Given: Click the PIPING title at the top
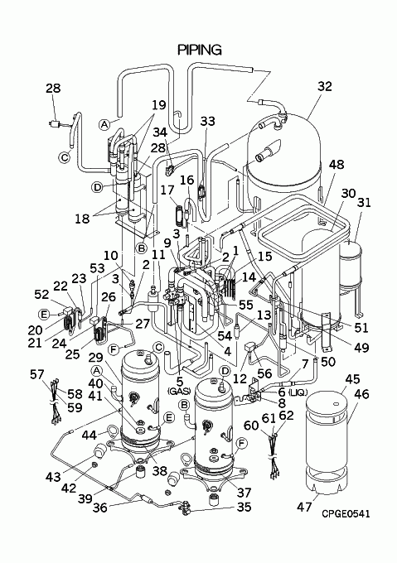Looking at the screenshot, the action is pyautogui.click(x=200, y=50).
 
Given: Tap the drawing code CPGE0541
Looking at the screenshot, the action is pyautogui.click(x=346, y=514).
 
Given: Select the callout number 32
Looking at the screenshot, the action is pyautogui.click(x=325, y=87).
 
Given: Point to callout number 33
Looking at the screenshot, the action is pyautogui.click(x=208, y=122).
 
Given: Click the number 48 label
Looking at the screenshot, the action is pyautogui.click(x=336, y=165).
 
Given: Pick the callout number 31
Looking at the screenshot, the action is pyautogui.click(x=364, y=203).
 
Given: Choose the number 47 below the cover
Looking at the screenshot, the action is pyautogui.click(x=305, y=507).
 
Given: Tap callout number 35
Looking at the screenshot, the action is pyautogui.click(x=244, y=508).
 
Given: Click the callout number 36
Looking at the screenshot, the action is pyautogui.click(x=100, y=508).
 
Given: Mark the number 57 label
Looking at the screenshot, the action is pyautogui.click(x=38, y=374).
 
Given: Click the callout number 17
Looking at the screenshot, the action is pyautogui.click(x=167, y=190).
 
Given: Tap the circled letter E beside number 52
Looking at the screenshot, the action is pyautogui.click(x=44, y=315).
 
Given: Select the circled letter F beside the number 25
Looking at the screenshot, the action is pyautogui.click(x=114, y=348).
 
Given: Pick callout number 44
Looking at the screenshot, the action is pyautogui.click(x=89, y=435).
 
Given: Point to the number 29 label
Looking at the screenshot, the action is pyautogui.click(x=96, y=358).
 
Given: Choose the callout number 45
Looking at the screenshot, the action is pyautogui.click(x=353, y=379).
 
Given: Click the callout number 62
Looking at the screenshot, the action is pyautogui.click(x=286, y=416).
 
